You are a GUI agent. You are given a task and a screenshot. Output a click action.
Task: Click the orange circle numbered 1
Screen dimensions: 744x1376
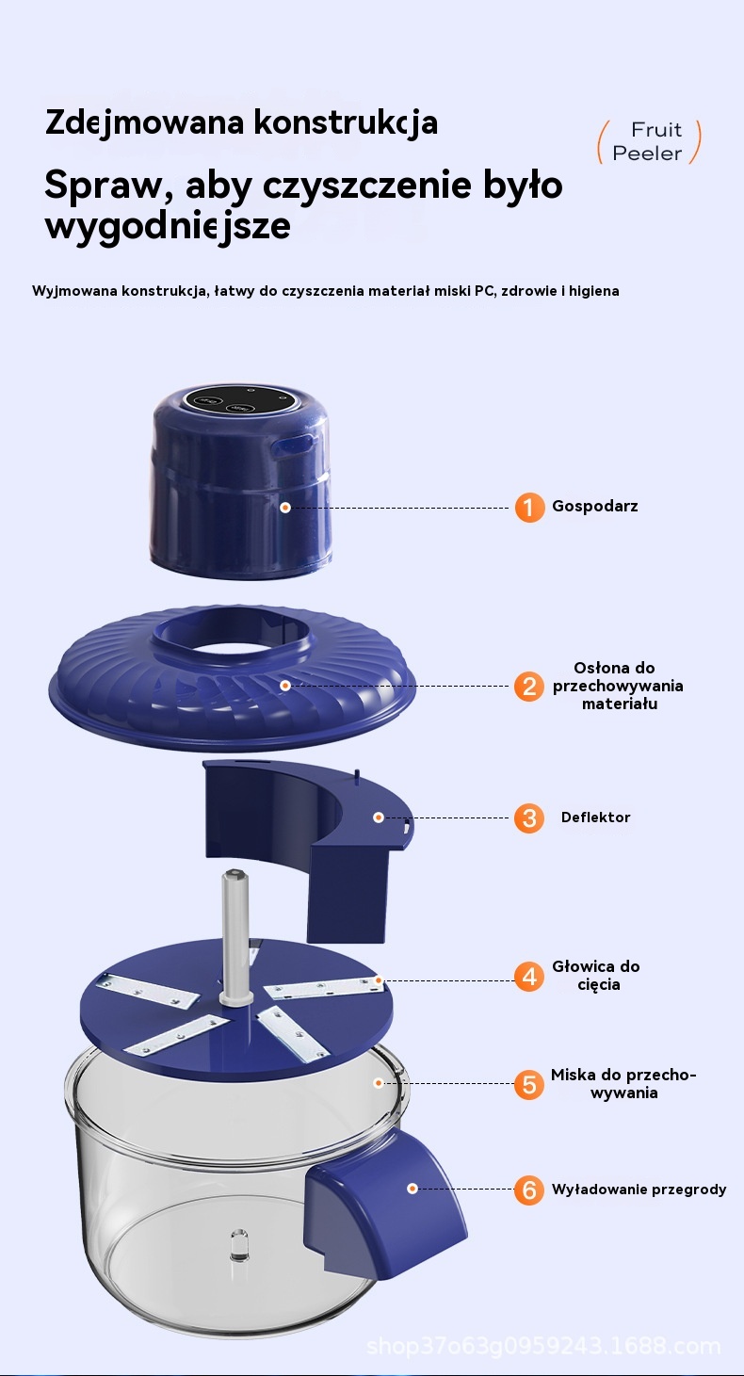(x=529, y=508)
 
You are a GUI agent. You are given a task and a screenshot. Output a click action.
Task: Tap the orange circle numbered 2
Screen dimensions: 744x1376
(x=529, y=687)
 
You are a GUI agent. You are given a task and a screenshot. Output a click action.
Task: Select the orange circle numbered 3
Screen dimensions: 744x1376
(x=529, y=818)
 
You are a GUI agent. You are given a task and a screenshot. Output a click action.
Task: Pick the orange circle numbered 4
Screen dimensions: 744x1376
(x=529, y=976)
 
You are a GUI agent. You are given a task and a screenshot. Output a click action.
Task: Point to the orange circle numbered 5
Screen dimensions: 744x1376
(x=529, y=1085)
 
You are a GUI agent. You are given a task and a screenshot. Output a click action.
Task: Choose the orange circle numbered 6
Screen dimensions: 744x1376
(x=529, y=1190)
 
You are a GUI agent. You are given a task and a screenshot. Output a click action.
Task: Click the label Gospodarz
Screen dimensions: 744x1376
(x=594, y=507)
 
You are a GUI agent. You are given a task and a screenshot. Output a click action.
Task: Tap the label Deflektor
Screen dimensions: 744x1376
(x=595, y=818)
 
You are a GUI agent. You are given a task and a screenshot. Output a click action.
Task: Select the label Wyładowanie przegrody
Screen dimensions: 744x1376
(x=639, y=1190)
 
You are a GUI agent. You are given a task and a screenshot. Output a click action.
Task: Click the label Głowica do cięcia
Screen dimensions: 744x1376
(x=596, y=976)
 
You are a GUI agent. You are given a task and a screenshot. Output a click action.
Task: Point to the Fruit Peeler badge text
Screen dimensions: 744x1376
(x=649, y=141)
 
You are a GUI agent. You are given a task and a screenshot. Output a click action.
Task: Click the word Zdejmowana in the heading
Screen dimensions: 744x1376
(x=146, y=122)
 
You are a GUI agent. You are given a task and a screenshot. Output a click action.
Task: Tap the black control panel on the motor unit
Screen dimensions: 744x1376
(x=238, y=402)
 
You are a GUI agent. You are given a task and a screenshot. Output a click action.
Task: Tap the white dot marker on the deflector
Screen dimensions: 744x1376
(x=379, y=818)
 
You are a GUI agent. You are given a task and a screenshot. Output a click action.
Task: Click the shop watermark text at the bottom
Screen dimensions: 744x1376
(x=543, y=1347)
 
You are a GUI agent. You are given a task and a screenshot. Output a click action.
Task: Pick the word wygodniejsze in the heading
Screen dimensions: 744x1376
(x=168, y=227)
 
